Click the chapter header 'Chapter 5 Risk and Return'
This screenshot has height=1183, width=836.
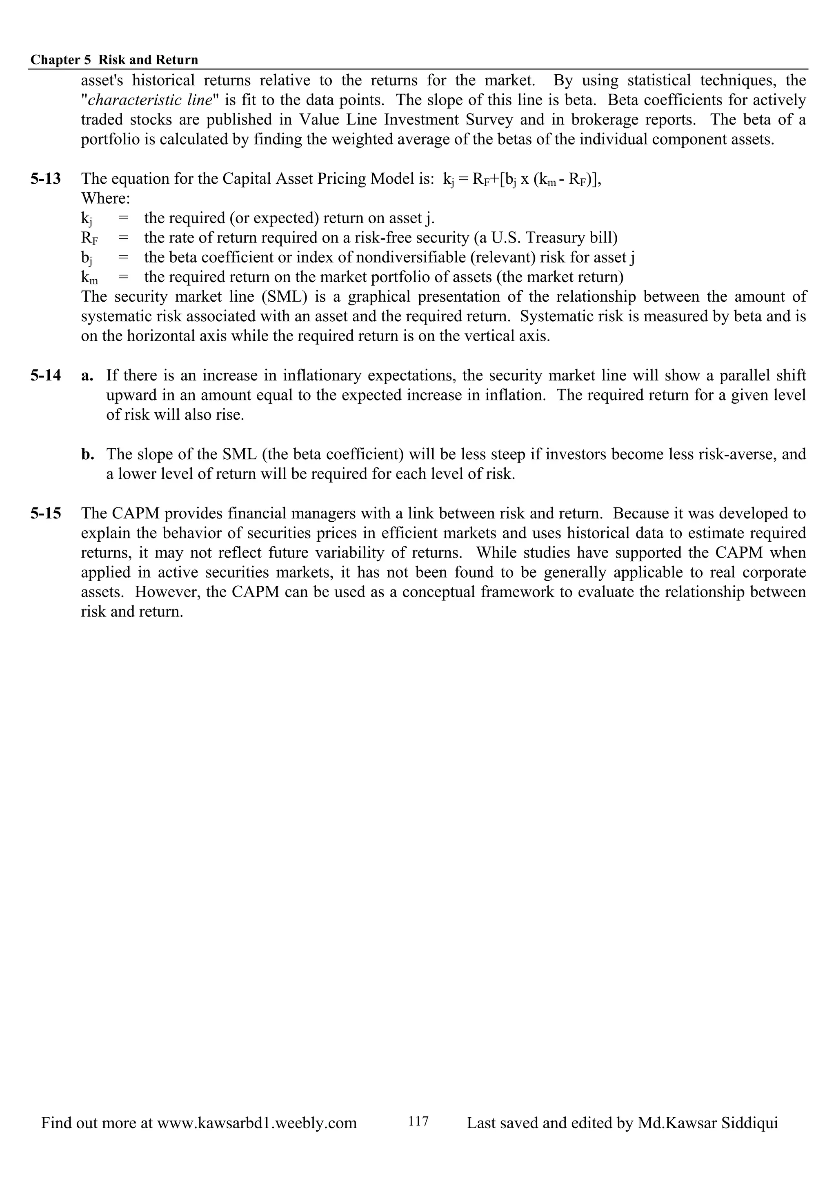coord(114,60)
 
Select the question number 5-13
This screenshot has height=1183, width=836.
coord(45,179)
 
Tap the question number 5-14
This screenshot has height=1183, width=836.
coord(45,376)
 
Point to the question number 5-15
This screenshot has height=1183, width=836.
coord(45,513)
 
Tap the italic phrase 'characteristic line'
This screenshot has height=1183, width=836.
coord(150,100)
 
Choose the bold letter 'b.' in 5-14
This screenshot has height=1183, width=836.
coord(88,454)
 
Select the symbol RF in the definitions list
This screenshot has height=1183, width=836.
coord(89,238)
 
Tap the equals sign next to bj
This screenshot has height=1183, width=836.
coord(123,258)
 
